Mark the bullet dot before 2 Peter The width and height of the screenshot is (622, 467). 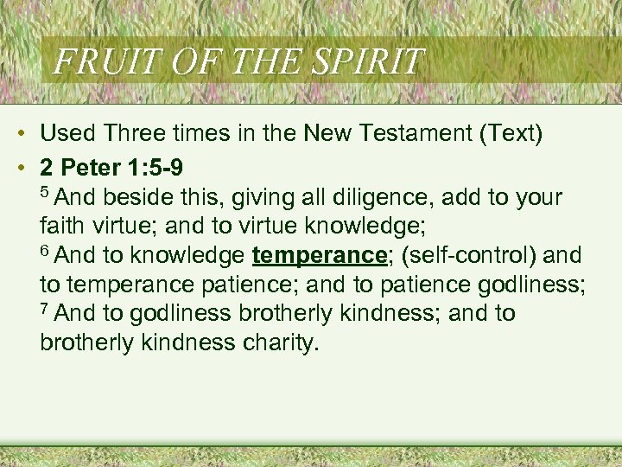point(18,165)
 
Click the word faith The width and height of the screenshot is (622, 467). point(60,227)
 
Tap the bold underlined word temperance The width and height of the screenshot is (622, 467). point(318,256)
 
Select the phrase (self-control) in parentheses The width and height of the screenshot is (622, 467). point(467,256)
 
